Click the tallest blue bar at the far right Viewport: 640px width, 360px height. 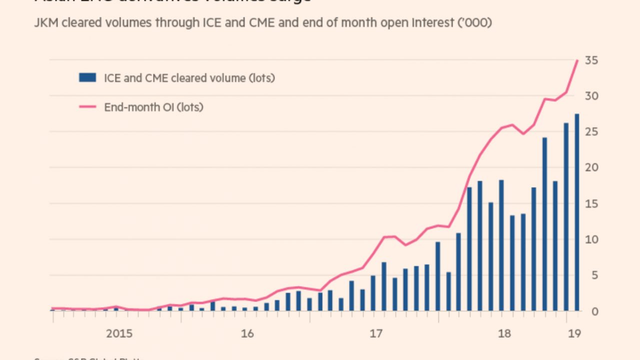[576, 212]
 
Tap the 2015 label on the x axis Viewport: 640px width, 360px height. [119, 333]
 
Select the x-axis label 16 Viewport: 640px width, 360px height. [247, 333]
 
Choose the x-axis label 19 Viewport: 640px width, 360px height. [575, 333]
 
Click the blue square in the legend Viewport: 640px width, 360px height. [87, 77]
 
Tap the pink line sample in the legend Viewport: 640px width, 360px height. [87, 106]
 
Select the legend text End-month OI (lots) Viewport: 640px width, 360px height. [153, 107]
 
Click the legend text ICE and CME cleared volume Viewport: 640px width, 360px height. [189, 78]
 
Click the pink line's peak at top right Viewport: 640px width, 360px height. [577, 60]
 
